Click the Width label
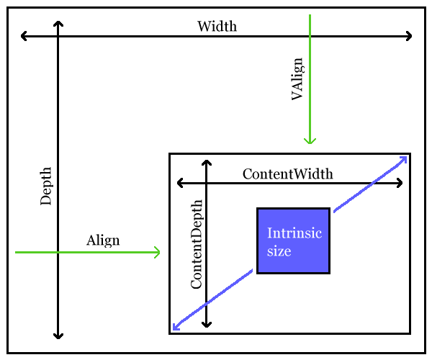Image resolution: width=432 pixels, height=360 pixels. (x=217, y=27)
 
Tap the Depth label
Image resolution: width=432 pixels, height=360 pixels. (x=46, y=186)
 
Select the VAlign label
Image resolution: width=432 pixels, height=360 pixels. (x=297, y=79)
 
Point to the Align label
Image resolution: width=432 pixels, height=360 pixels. (x=103, y=240)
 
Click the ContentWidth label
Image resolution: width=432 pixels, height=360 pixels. (x=287, y=174)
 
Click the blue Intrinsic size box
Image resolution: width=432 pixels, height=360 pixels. (x=293, y=240)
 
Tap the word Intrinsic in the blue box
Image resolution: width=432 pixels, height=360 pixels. (x=294, y=233)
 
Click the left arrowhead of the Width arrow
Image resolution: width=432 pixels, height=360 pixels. (x=23, y=36)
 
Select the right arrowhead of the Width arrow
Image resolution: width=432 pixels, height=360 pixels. (x=410, y=36)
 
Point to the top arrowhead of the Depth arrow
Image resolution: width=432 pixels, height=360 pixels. (x=58, y=23)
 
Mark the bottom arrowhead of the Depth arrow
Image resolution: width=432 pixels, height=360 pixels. (x=58, y=336)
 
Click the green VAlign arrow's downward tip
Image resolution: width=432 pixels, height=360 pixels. (x=310, y=143)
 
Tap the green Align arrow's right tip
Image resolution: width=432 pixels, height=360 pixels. (x=158, y=252)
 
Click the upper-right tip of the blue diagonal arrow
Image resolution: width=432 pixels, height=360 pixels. (x=406, y=157)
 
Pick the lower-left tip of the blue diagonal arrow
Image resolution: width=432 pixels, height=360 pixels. (x=174, y=330)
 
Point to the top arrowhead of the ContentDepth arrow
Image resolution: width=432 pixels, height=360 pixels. (x=207, y=162)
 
